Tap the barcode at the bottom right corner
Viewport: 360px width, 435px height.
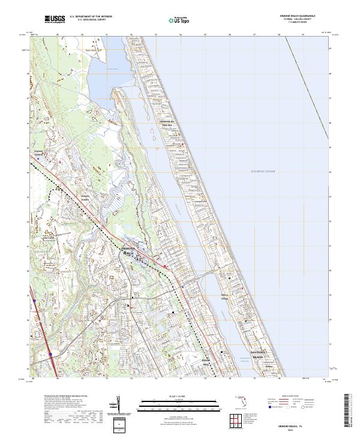[350, 413]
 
